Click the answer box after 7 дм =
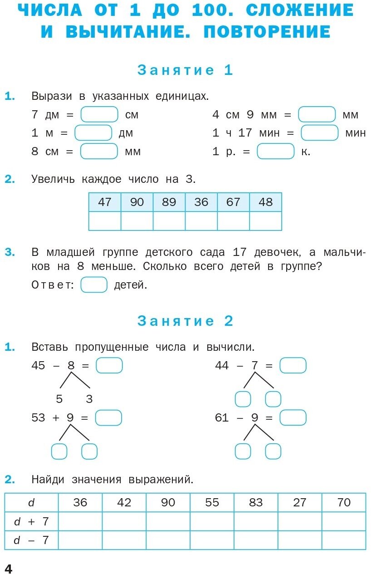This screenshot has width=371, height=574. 99,114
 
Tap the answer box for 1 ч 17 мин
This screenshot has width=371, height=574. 319,133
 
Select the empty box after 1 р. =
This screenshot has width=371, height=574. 275,152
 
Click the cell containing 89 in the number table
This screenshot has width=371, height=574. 169,202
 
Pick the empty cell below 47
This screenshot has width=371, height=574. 105,221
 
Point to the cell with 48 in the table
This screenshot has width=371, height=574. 265,202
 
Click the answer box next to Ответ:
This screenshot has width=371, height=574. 94,285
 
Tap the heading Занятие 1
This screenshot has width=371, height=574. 185,70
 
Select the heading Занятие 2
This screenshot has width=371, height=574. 185,321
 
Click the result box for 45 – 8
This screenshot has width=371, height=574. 109,365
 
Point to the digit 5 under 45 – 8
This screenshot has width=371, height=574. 59,399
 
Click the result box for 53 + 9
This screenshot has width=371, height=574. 109,417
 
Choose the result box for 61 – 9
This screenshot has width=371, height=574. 293,417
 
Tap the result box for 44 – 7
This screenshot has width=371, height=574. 293,365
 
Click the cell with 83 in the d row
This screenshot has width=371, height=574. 256,502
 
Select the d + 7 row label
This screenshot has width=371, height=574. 31,521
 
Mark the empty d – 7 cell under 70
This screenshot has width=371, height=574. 344,540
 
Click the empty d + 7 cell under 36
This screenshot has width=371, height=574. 80,521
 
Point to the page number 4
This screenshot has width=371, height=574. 8,568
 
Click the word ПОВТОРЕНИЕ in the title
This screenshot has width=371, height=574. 267,32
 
